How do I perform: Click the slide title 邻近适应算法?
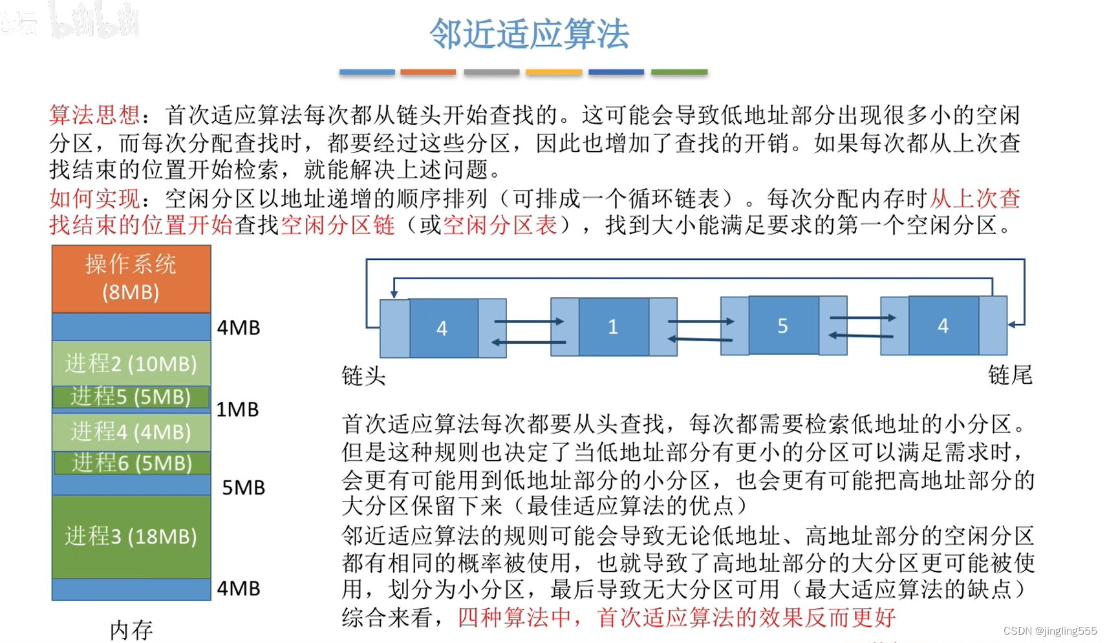[529, 34]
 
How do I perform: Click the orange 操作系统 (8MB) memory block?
[131, 279]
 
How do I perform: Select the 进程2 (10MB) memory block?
[131, 363]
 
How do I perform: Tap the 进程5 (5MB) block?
[131, 396]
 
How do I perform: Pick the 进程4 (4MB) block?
[131, 431]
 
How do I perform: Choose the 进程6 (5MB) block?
[131, 463]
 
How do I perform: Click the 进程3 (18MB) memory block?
[131, 536]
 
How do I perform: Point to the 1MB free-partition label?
[237, 409]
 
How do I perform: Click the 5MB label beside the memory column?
[243, 487]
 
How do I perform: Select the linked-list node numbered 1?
[613, 326]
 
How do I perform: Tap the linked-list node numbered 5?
[782, 326]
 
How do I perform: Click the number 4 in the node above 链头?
[442, 328]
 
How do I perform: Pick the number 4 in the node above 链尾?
[943, 326]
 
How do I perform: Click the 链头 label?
[363, 375]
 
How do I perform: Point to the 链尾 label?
[1010, 375]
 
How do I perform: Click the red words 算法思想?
[94, 115]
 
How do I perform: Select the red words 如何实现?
[94, 198]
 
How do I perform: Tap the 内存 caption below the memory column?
[131, 629]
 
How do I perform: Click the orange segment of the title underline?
[428, 72]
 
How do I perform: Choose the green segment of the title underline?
[679, 72]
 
